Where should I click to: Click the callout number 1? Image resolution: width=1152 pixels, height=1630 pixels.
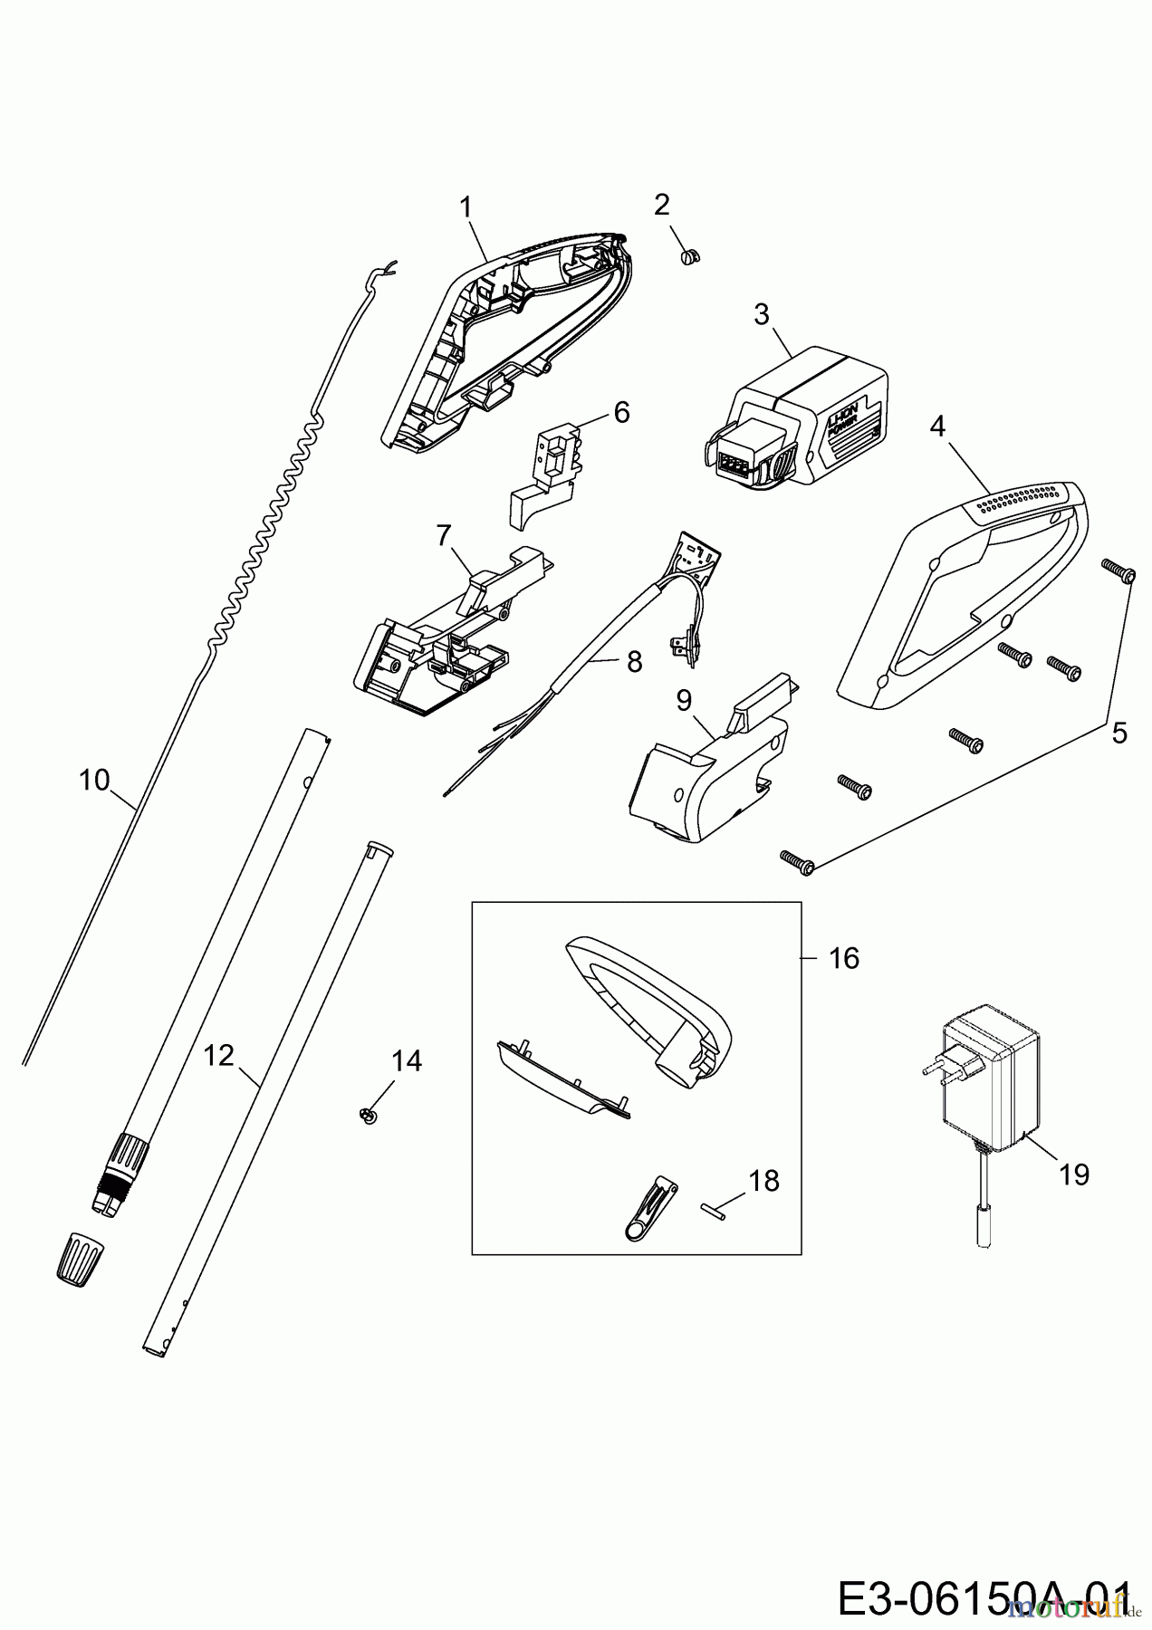tap(466, 207)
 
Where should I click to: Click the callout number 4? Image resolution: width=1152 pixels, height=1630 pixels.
tap(937, 426)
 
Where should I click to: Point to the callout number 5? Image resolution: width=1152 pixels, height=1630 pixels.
tap(1119, 733)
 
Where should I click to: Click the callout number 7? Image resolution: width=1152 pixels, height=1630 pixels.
tap(443, 536)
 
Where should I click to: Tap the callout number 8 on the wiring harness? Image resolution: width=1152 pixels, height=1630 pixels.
tap(634, 663)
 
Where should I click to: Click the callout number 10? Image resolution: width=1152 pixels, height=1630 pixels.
tap(94, 780)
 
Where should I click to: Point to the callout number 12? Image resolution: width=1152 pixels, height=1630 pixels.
tap(219, 1055)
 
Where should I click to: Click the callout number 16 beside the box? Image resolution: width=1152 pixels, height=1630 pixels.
tap(844, 957)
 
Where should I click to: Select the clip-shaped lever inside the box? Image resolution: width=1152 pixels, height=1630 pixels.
tap(650, 1209)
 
